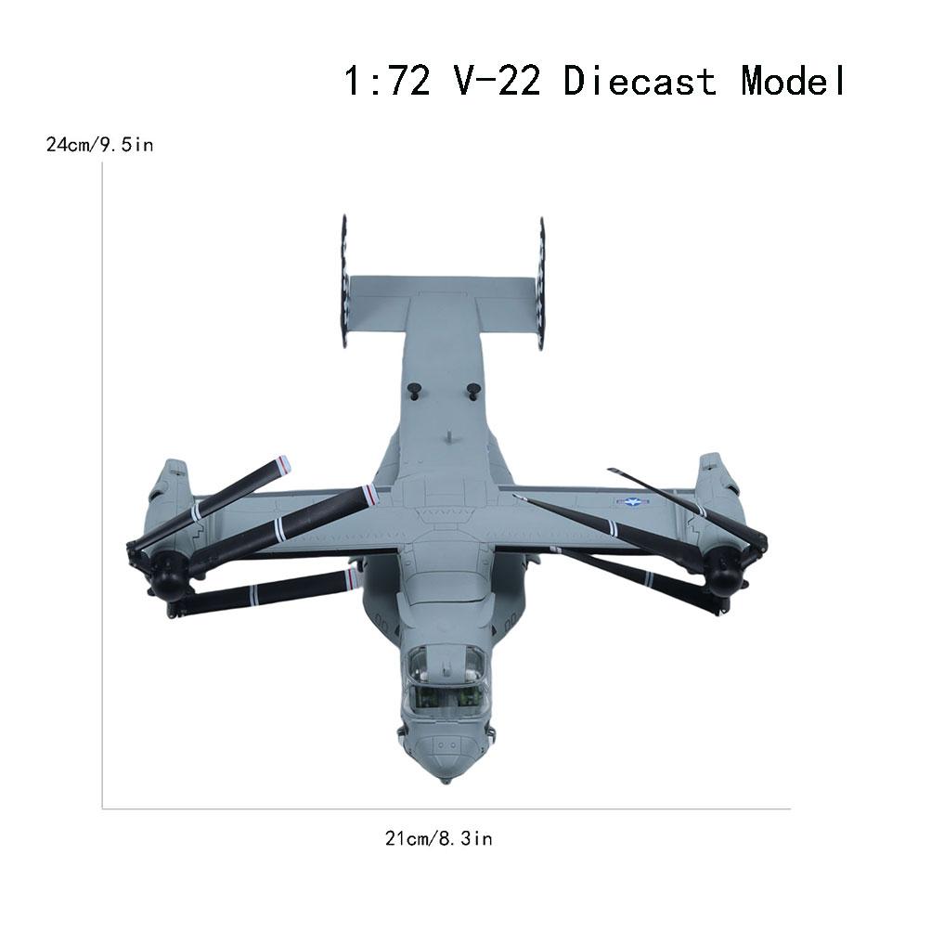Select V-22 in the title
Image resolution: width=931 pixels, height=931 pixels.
[x=493, y=82]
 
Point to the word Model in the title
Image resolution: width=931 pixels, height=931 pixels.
[x=794, y=82]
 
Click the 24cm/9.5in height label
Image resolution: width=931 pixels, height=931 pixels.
[x=100, y=145]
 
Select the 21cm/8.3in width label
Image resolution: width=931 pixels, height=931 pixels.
[x=438, y=839]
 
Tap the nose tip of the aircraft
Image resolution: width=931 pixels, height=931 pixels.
[x=446, y=776]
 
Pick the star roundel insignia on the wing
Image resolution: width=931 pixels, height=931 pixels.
[x=630, y=502]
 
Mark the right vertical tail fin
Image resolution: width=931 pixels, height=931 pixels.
[x=541, y=283]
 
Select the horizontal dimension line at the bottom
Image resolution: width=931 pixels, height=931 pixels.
[x=446, y=808]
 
